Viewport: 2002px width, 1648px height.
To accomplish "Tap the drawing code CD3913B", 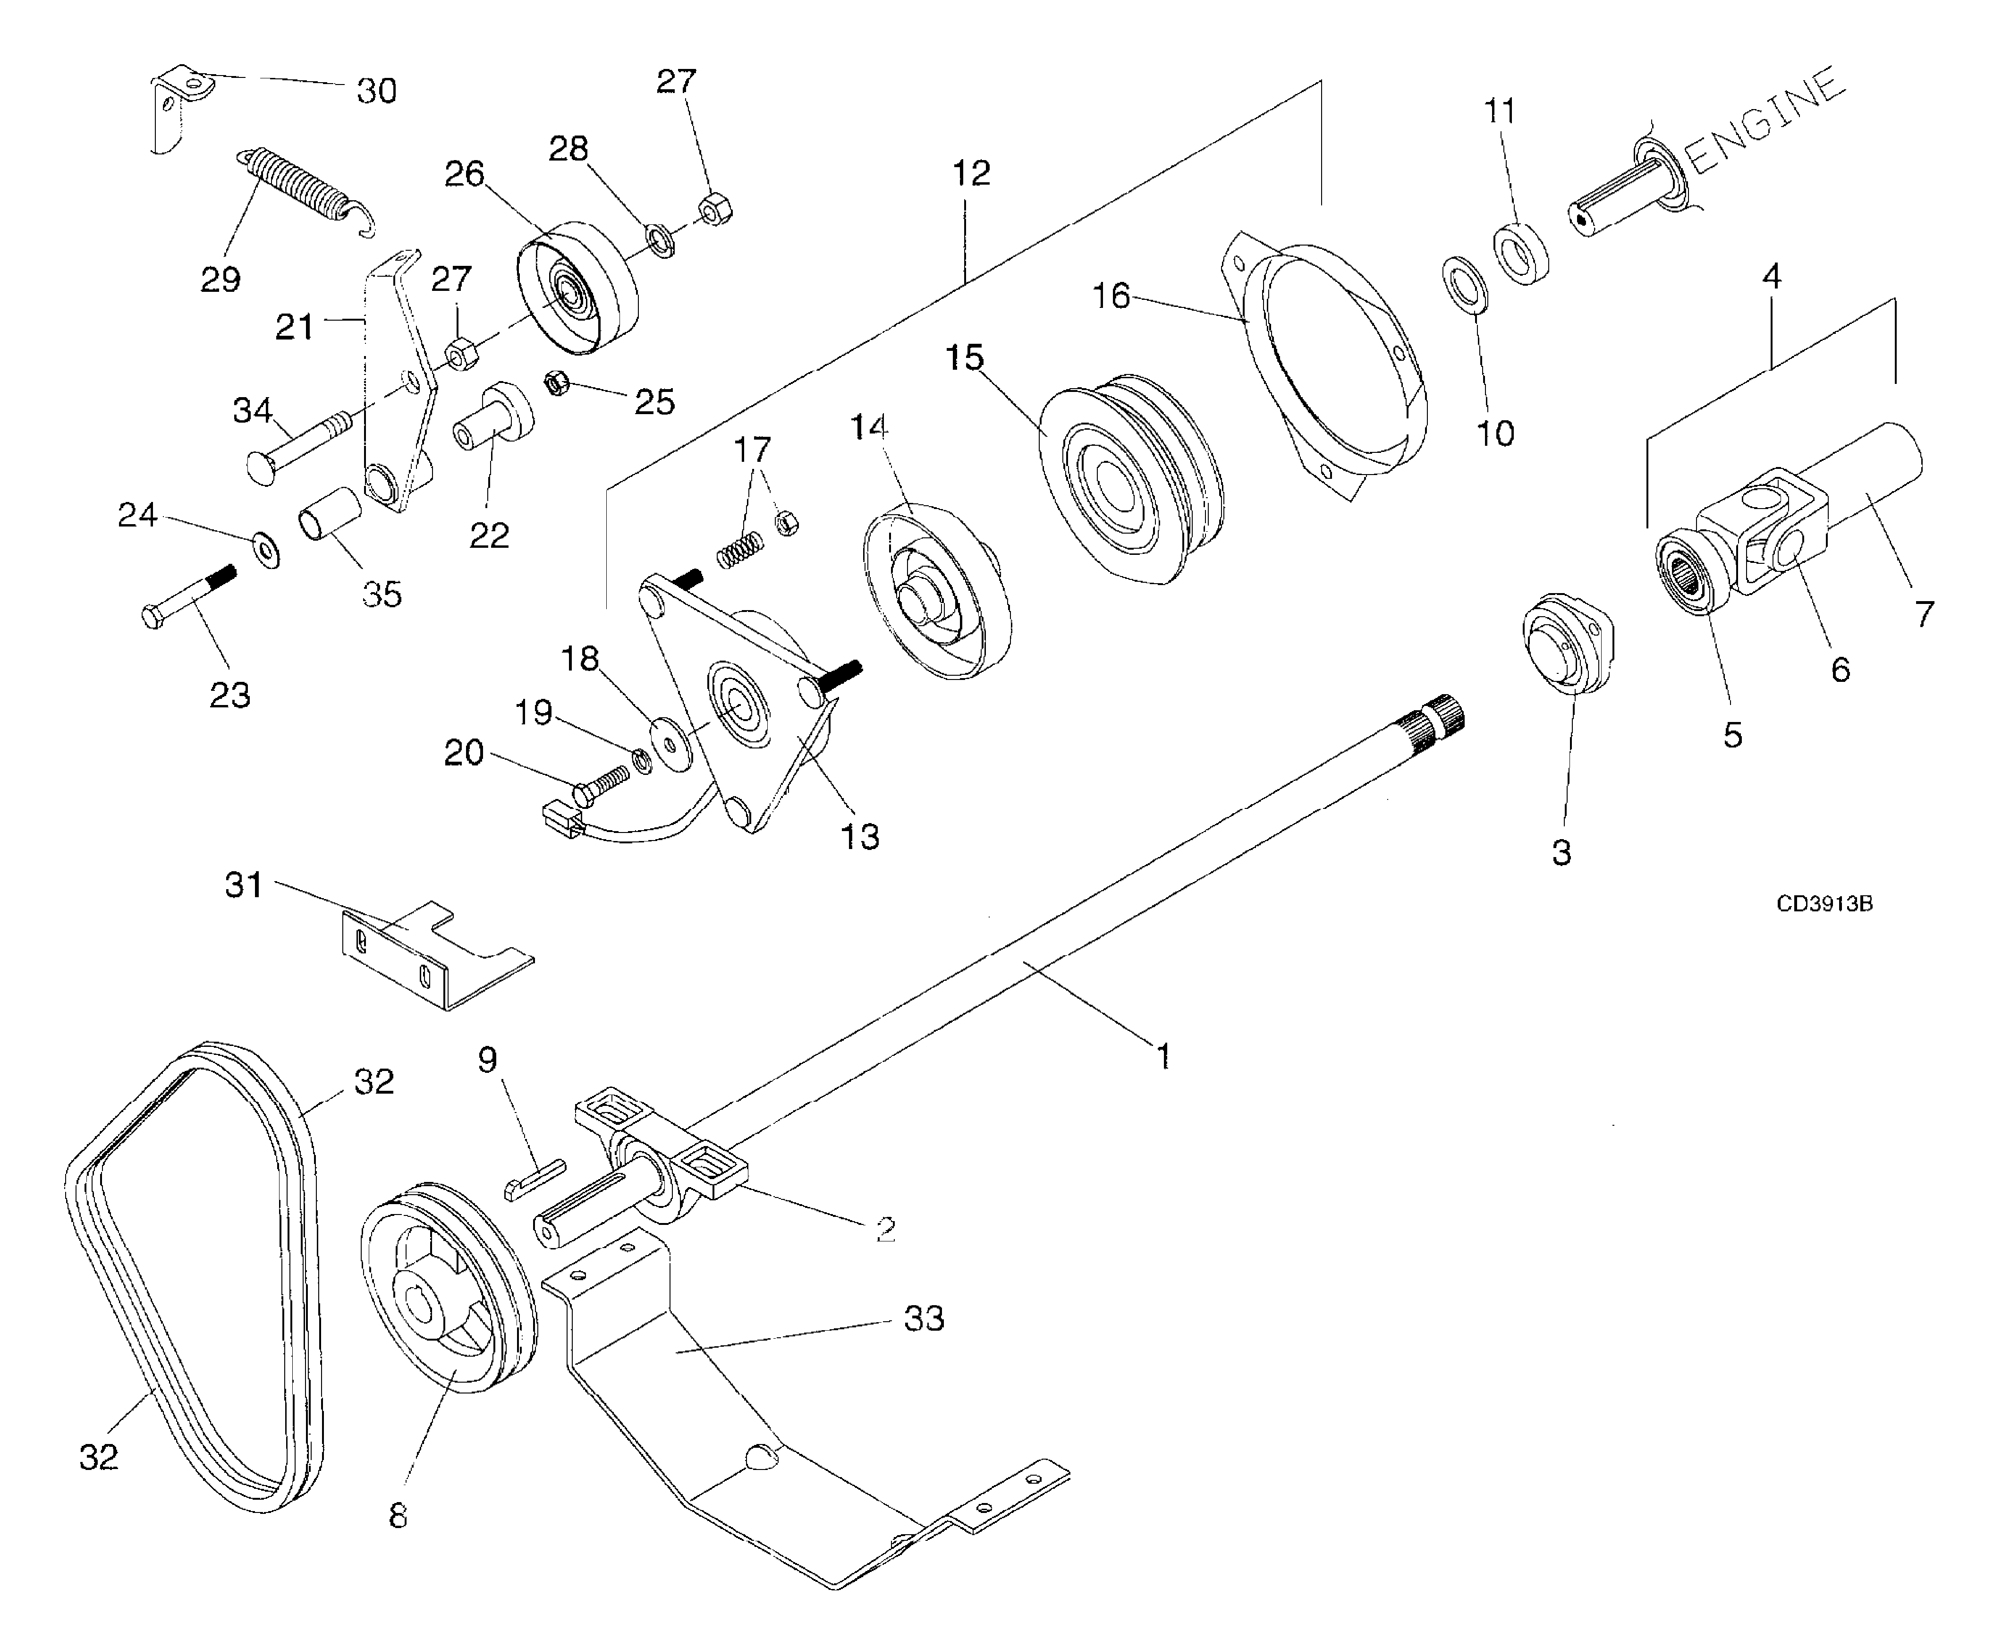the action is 1824,904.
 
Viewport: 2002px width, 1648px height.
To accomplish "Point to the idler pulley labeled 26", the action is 577,289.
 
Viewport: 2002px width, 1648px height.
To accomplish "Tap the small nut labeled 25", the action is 557,383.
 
